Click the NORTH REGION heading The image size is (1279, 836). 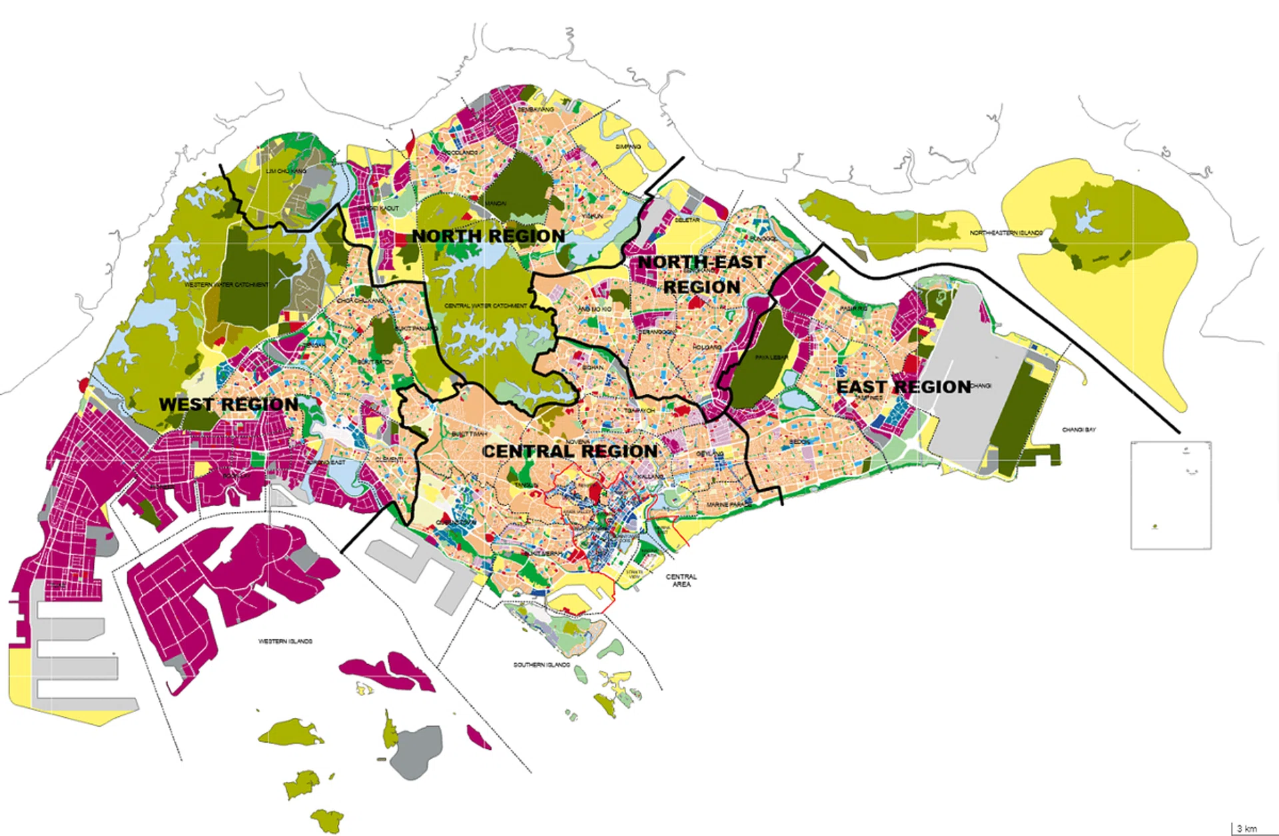(x=488, y=236)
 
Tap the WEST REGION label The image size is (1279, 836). (x=228, y=404)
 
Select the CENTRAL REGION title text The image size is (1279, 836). (x=570, y=451)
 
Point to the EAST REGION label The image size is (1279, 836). (x=903, y=387)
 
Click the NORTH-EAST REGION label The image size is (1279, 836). (x=701, y=274)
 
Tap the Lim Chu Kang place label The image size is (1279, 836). (x=286, y=171)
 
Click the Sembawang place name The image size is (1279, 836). (x=536, y=109)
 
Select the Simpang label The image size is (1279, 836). (x=628, y=147)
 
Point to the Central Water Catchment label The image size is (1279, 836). (x=486, y=305)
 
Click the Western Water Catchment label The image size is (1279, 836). (x=226, y=285)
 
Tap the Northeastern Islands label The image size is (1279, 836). (x=1006, y=233)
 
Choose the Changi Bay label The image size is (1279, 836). (x=1079, y=430)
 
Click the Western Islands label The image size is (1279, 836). (x=285, y=641)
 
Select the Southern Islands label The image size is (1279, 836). (x=542, y=665)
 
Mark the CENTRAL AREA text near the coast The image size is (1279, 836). (x=681, y=580)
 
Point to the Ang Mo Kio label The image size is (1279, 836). (x=594, y=309)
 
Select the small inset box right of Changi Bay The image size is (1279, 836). (x=1170, y=495)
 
